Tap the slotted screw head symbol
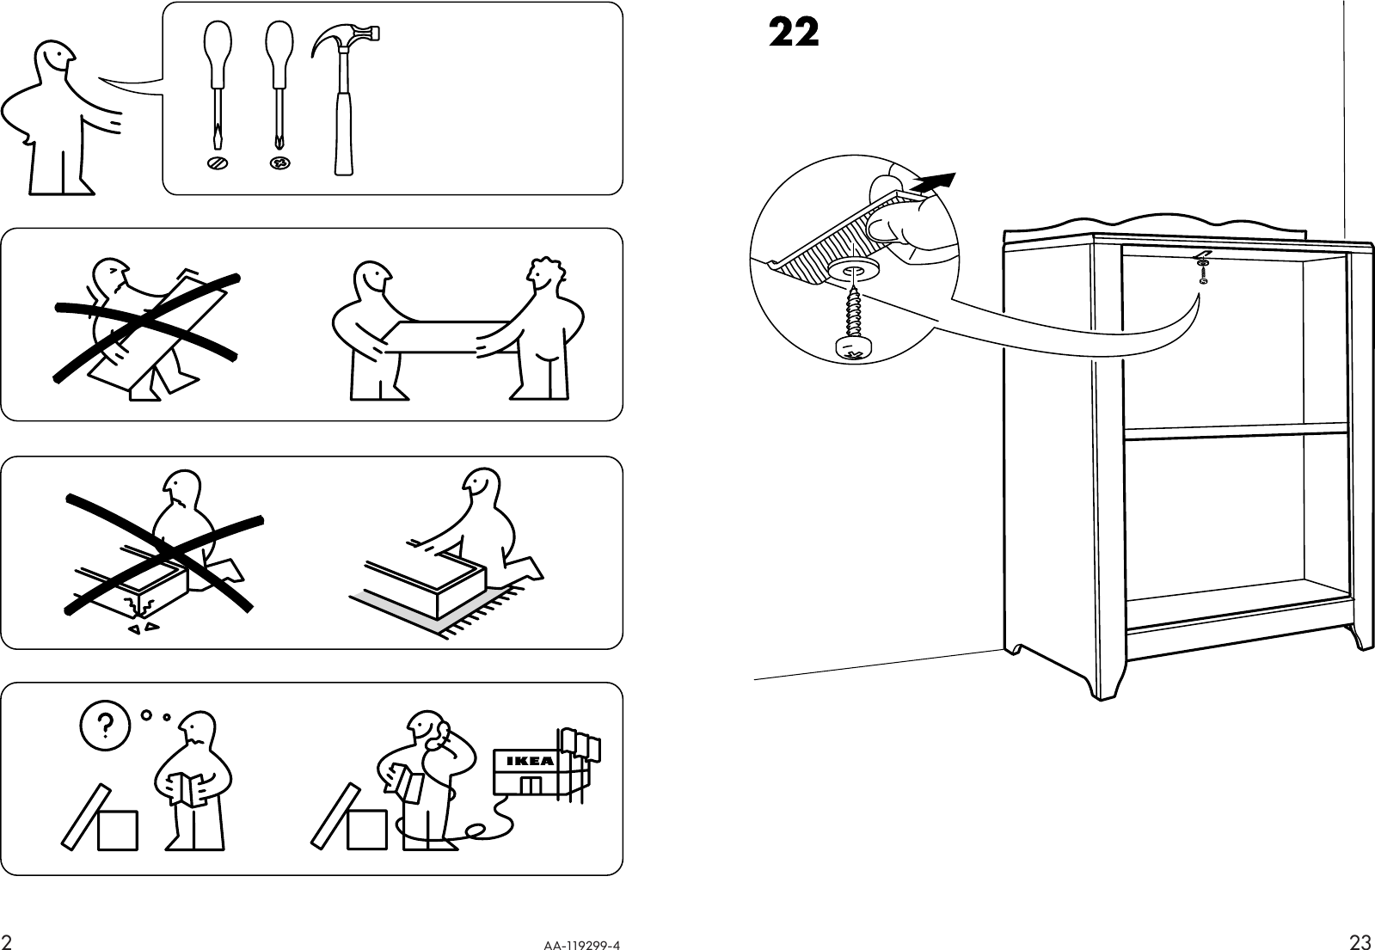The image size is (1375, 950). (x=218, y=162)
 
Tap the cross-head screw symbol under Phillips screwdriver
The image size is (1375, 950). (x=279, y=162)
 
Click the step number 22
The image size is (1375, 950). (x=793, y=34)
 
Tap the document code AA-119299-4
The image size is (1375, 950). (x=580, y=944)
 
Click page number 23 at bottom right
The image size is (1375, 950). (x=1359, y=942)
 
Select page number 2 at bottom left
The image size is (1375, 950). (x=7, y=942)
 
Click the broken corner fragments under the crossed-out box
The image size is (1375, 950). (x=143, y=629)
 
